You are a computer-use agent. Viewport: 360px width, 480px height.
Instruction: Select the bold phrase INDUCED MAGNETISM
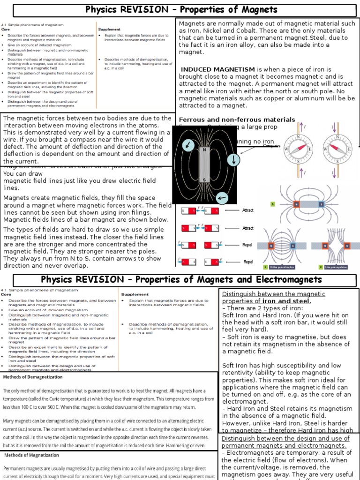[217, 69]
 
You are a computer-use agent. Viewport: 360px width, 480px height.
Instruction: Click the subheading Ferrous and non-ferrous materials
[237, 120]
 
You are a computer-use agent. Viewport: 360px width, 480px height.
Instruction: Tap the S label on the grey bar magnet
[204, 180]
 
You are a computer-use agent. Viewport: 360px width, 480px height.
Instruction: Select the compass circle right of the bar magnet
[233, 160]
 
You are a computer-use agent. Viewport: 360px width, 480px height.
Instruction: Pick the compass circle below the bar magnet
[222, 198]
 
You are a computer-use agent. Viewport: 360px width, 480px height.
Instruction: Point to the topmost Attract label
[248, 210]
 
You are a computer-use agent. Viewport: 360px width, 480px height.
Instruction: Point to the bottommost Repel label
[248, 262]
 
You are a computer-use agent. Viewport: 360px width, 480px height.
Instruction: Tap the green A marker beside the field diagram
[273, 204]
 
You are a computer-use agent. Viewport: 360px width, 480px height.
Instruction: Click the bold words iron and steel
[286, 301]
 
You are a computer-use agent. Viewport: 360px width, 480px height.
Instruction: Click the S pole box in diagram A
[321, 204]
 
